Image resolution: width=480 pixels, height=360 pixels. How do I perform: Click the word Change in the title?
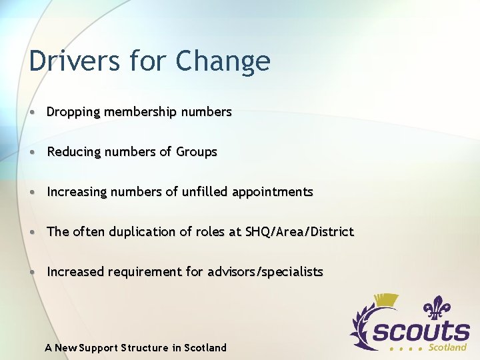point(223,61)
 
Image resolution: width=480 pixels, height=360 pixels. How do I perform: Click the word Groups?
point(197,152)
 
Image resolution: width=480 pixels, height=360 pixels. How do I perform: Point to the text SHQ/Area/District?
point(299,232)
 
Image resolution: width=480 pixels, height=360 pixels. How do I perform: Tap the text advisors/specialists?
point(265,272)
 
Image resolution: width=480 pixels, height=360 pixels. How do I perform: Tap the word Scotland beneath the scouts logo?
point(447,347)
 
